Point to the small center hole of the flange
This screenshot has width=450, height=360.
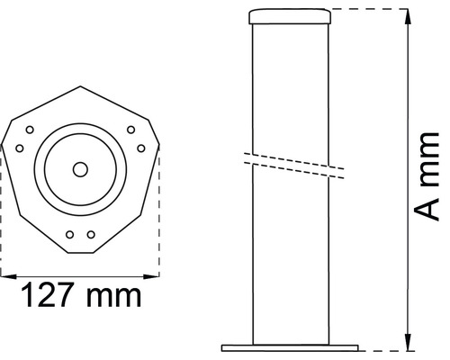coord(80,168)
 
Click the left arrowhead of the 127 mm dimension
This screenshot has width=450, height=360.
coord(4,271)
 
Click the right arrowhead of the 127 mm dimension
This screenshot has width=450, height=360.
coord(156,271)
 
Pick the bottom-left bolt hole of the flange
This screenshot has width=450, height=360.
coord(70,234)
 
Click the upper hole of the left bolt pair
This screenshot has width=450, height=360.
coord(30,130)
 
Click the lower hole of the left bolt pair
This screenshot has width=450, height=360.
coord(19,148)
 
